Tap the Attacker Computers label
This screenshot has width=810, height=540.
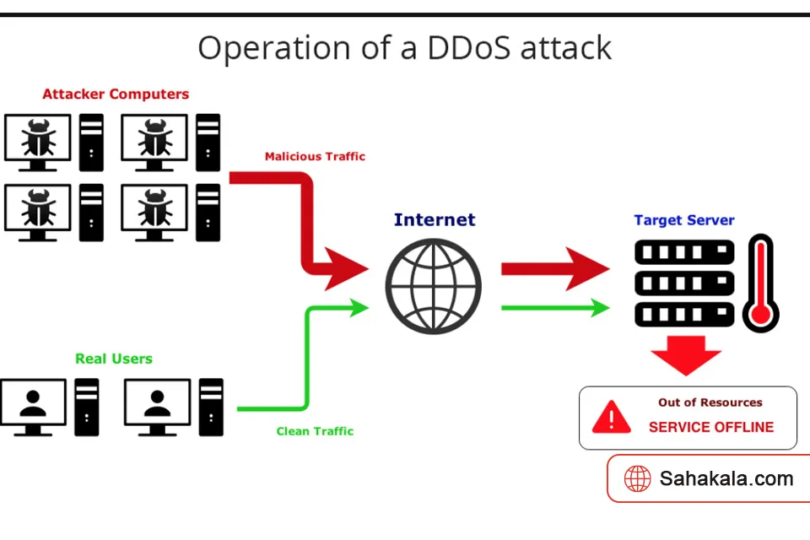116,94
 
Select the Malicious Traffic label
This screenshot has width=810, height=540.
315,156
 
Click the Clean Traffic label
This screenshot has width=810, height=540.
315,431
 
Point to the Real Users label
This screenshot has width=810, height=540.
114,359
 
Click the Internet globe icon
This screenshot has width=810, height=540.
434,286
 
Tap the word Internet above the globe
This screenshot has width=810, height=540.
435,220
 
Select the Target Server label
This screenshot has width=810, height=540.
684,220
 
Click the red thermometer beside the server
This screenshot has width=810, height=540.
760,283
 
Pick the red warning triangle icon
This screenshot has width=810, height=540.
612,417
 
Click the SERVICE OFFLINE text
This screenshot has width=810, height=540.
710,427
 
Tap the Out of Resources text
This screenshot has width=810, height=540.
710,402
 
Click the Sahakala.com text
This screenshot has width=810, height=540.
726,479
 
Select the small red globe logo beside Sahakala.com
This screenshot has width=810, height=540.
637,479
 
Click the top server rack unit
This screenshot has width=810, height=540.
684,251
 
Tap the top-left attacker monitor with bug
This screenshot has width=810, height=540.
37,138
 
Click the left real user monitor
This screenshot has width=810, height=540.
33,403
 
